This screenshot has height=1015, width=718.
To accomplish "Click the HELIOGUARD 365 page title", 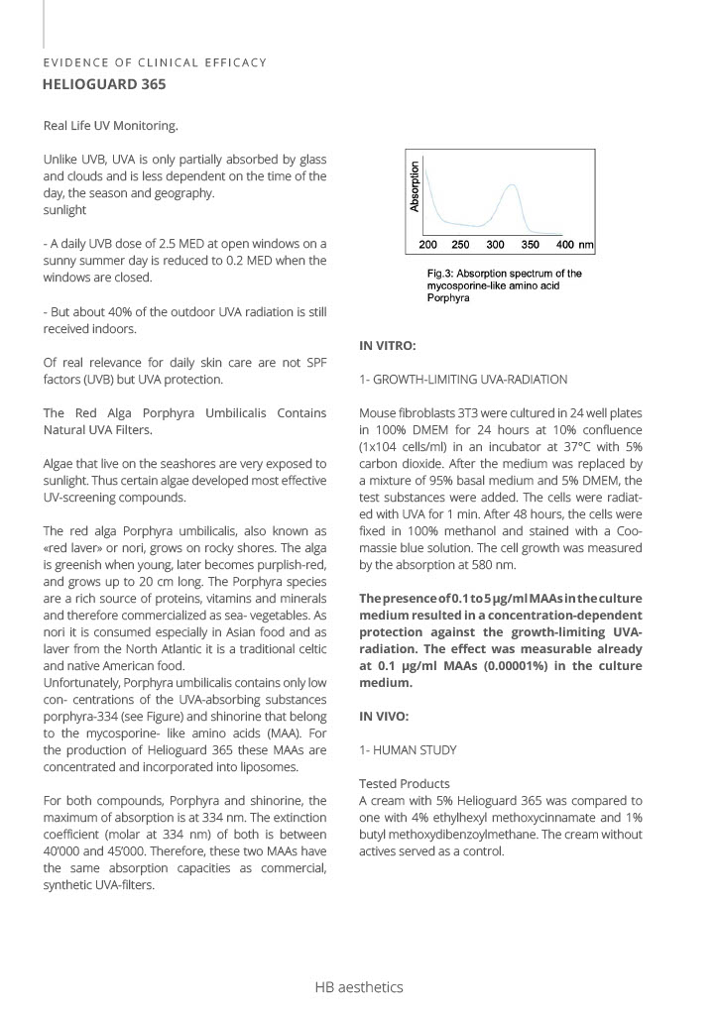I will coord(104,84).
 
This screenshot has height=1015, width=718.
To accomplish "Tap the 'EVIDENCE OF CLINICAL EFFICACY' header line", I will coord(155,62).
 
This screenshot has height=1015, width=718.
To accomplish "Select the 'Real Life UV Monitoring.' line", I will coord(111,126).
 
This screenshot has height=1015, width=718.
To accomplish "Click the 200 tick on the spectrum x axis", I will coord(427,244).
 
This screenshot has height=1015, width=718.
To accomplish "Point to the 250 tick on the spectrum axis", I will coord(461,244).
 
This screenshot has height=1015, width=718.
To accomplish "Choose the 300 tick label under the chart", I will coord(496,244).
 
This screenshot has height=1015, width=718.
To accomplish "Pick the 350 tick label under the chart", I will coord(531,244).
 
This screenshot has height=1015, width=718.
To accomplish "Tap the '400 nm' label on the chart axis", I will coord(574,244).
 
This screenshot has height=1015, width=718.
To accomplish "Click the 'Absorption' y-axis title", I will coord(416,186).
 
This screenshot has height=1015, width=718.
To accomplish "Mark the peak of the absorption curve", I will coord(511,184).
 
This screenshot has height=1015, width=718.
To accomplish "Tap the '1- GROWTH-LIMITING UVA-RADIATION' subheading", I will coord(463,379).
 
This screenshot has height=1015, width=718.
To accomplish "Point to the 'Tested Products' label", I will coord(404,784).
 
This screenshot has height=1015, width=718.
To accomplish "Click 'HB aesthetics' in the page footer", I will coord(359,987).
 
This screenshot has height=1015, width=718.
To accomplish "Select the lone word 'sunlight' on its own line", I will coord(64,210).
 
